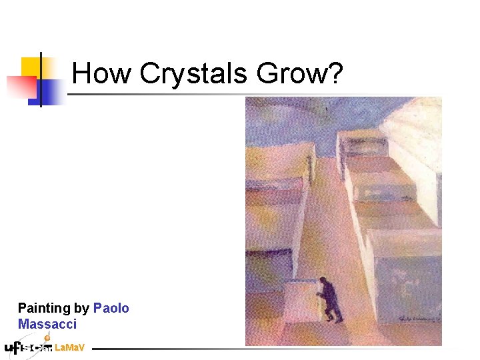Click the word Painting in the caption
44,309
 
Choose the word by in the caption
82,309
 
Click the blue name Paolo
111,308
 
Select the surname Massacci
47,325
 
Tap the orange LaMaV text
69,347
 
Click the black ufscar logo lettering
27,347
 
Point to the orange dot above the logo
47,338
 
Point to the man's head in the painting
323,281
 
